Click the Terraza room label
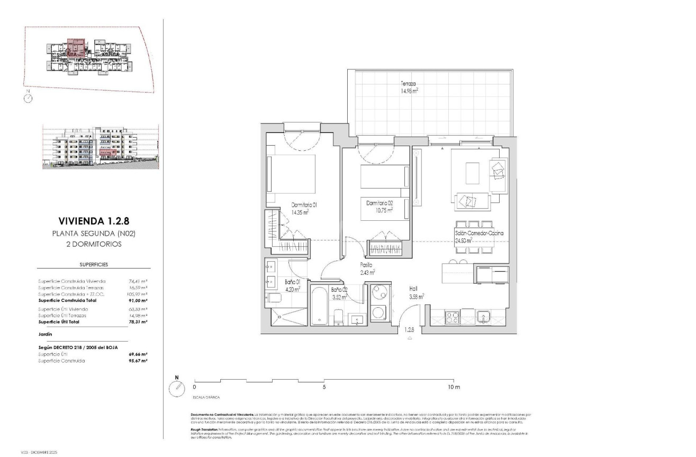408,84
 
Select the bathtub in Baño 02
320,306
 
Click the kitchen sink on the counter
484,317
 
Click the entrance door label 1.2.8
409,330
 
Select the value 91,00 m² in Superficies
137,300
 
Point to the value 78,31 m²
137,322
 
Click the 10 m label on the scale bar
454,387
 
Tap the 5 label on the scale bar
324,387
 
